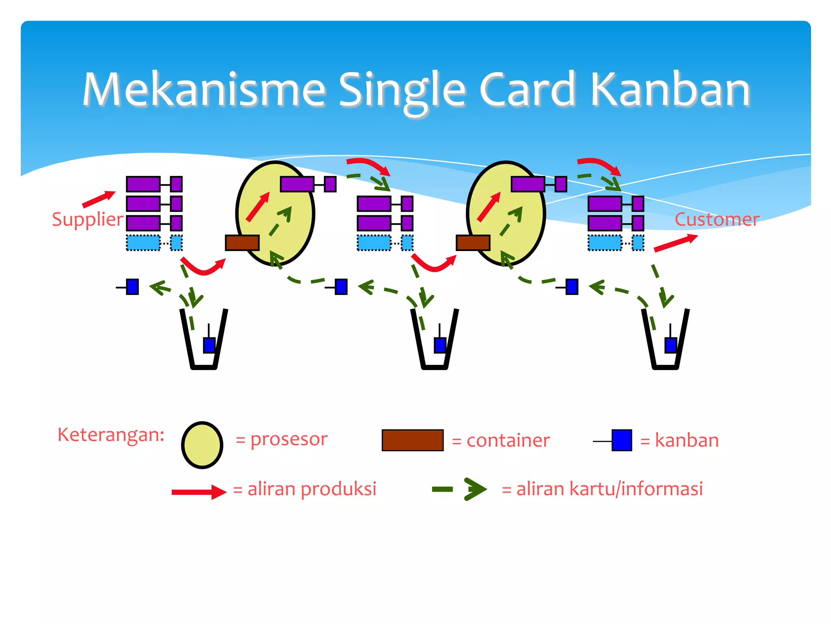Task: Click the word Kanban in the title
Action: pos(670,90)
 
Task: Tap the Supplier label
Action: pos(87,220)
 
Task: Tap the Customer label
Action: pos(717,220)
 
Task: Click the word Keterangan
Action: pos(111,435)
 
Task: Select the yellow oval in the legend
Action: pos(202,445)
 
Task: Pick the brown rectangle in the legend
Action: pos(412,440)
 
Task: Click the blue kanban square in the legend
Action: pos(622,440)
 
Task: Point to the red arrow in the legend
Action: pos(198,492)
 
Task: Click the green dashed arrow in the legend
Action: pos(460,489)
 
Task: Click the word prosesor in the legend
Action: pos(288,440)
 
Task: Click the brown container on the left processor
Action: pos(242,243)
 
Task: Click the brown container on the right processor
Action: pos(473,243)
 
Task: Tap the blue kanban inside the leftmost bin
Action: pos(209,345)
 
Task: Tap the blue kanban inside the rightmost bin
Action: pos(671,345)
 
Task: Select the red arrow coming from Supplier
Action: pos(99,199)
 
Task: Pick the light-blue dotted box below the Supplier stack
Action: pos(143,243)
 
